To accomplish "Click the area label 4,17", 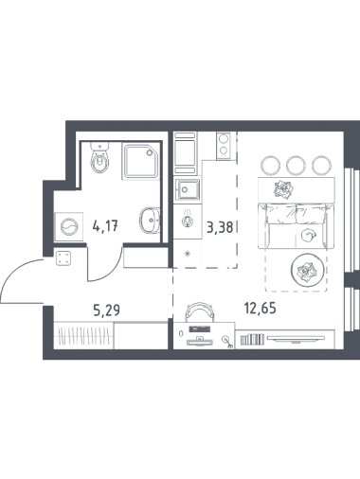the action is (x=105, y=226).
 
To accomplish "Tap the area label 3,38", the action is (x=220, y=227).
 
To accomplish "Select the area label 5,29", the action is (x=106, y=310).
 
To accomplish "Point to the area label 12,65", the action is (x=261, y=308).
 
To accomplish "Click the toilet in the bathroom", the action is (x=99, y=157).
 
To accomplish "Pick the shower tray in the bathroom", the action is (x=140, y=161).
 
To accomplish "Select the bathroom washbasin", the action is (x=150, y=220).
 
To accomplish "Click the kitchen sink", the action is (x=188, y=189).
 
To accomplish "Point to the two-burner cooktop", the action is (x=224, y=146).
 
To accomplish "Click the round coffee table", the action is (x=307, y=270).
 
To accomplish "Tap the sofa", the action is (x=296, y=225).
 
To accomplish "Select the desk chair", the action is (x=199, y=311).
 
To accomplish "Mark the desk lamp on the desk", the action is (x=227, y=342).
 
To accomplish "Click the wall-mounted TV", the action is (x=296, y=339).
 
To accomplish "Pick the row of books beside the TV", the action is (x=252, y=339).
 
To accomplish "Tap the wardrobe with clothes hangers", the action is (x=83, y=335).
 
